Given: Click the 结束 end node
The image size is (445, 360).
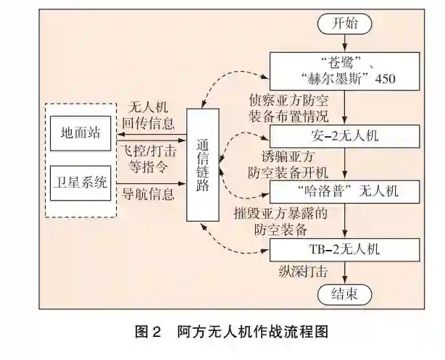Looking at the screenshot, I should [344, 294].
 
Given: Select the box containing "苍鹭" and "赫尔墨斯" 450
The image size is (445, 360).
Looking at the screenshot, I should [344, 70].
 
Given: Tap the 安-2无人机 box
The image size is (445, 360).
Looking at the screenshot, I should [344, 135].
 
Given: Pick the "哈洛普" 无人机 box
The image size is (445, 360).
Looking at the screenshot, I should [344, 192].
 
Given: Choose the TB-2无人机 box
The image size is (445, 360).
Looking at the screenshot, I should [344, 251].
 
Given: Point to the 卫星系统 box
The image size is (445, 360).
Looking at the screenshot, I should [81, 181].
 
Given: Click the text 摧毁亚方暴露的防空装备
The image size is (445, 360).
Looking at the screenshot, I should [290, 222].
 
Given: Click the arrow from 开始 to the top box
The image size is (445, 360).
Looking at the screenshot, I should [344, 43].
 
